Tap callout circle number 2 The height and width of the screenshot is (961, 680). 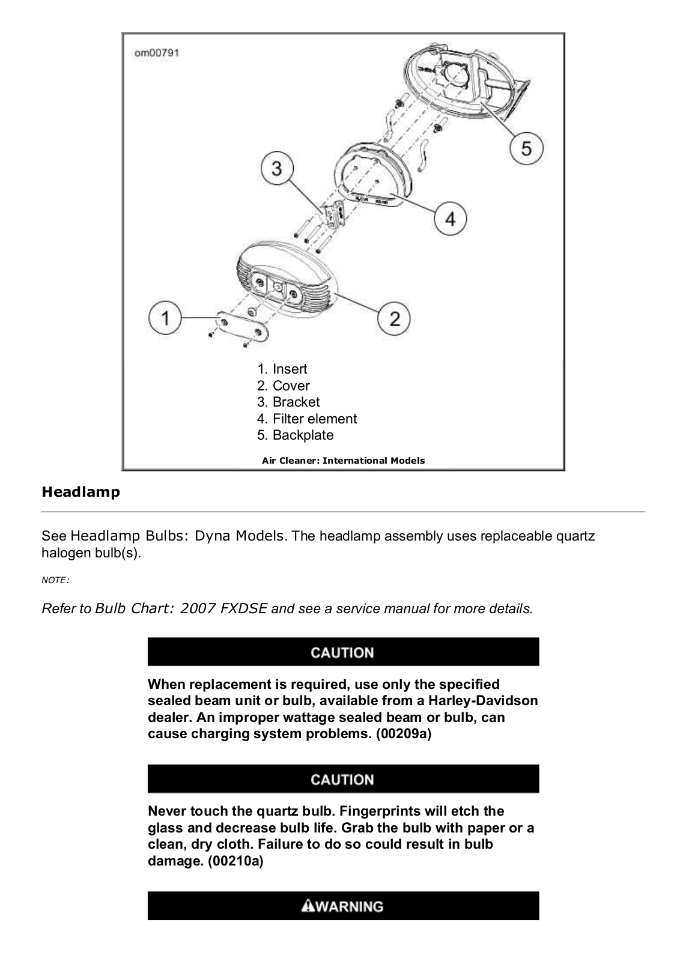click(x=394, y=318)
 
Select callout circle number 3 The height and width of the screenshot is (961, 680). click(x=276, y=168)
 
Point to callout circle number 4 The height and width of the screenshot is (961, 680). click(x=450, y=219)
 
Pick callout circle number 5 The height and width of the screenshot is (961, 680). click(x=526, y=148)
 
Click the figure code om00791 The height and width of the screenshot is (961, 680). click(x=156, y=53)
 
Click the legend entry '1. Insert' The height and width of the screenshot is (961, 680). click(x=282, y=369)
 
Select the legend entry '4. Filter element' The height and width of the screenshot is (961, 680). click(x=306, y=419)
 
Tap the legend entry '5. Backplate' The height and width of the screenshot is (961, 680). click(x=295, y=435)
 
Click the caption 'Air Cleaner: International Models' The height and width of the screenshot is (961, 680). click(x=343, y=461)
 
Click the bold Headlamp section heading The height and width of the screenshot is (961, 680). click(x=80, y=492)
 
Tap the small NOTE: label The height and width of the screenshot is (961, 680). click(x=55, y=580)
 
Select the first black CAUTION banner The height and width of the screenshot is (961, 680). click(x=343, y=652)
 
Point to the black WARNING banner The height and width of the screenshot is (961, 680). click(x=343, y=906)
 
